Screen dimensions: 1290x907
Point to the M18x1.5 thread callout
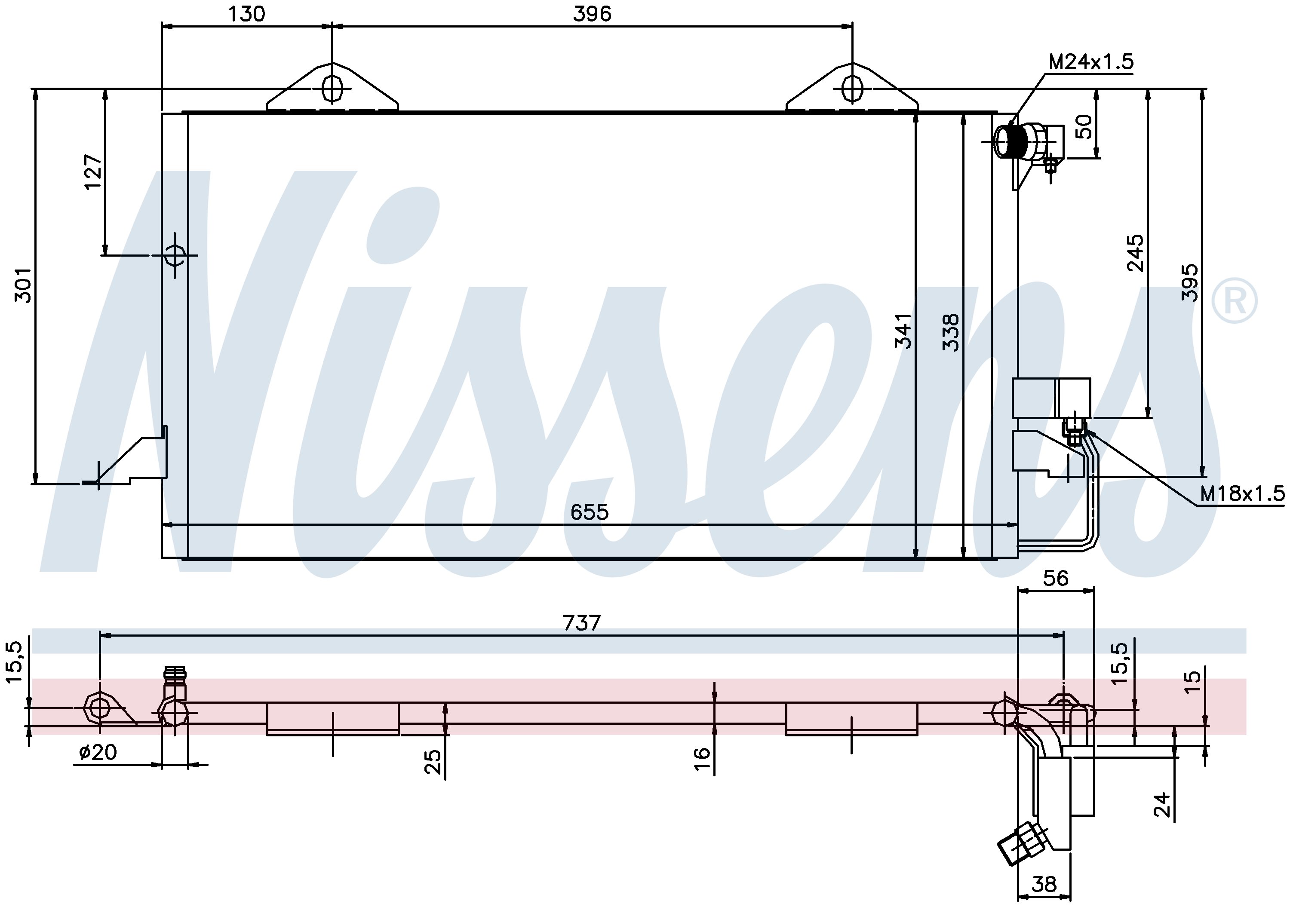(1242, 493)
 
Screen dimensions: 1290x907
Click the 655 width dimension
(590, 512)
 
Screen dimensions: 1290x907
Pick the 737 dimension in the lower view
(581, 623)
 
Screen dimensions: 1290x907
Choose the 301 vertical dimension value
(24, 285)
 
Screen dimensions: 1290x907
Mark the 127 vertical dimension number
(93, 172)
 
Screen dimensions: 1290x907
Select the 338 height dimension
(951, 332)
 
